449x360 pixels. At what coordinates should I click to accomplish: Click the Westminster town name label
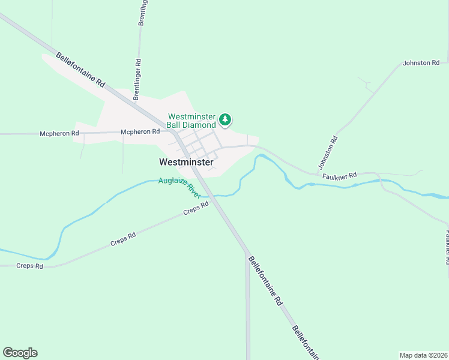click(186, 162)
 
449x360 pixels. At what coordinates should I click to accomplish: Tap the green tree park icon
click(225, 120)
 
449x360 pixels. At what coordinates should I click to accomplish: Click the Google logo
click(20, 353)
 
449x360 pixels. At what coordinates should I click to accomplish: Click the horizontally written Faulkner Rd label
click(339, 175)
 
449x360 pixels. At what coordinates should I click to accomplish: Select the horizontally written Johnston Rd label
click(421, 62)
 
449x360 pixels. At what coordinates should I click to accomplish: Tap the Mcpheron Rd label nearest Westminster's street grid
click(140, 131)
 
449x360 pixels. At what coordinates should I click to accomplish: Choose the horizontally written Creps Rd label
click(30, 266)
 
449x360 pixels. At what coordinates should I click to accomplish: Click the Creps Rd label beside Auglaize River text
click(196, 209)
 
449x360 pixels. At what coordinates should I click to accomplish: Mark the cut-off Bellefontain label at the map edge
click(305, 343)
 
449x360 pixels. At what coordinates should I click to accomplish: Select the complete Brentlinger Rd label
click(137, 79)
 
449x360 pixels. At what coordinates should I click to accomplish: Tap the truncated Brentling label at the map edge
click(143, 12)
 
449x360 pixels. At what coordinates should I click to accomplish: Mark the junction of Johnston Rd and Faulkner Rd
click(316, 174)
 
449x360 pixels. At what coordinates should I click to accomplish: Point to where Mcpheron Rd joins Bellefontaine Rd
click(170, 131)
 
